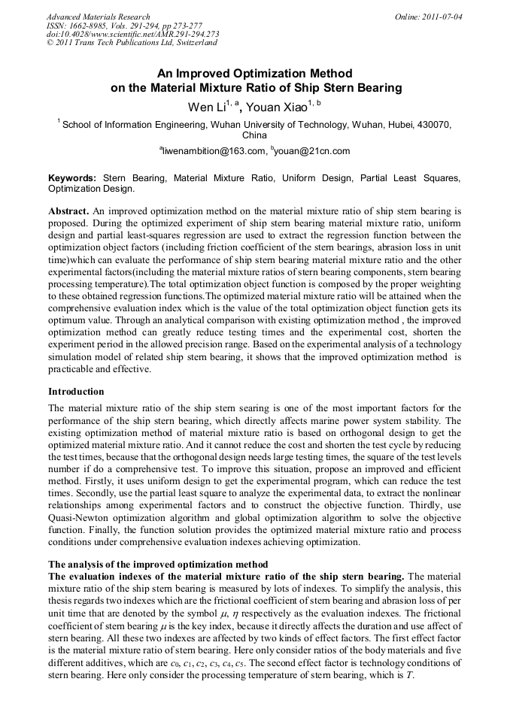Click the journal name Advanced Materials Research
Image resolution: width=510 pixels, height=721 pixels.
(x=98, y=17)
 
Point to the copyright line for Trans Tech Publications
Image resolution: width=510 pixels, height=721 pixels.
(x=132, y=43)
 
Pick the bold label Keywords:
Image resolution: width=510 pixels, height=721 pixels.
(x=72, y=178)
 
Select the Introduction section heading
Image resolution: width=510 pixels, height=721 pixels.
(x=76, y=392)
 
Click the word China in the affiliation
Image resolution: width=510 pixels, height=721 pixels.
(x=254, y=135)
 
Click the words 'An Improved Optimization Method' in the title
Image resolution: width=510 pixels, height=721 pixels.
(x=254, y=74)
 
